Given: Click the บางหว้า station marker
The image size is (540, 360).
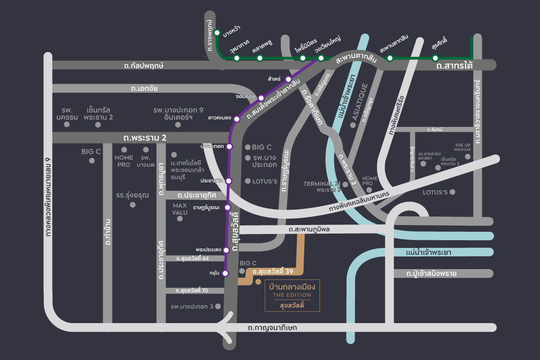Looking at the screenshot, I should tap(217, 32).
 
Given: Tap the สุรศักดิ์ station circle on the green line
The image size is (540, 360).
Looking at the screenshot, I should tap(435, 58).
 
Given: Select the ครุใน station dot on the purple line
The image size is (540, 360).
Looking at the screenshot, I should tap(226, 273).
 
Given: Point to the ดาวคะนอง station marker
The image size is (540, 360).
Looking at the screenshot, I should tap(237, 119).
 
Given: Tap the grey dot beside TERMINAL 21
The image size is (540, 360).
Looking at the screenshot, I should tap(345, 184).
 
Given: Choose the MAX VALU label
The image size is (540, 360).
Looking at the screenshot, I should tap(180, 209).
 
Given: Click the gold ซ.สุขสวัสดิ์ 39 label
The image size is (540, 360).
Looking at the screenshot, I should tap(273, 272).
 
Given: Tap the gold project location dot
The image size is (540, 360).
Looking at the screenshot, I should tap(258, 282).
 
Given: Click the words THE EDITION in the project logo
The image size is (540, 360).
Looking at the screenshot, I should tap(292, 295).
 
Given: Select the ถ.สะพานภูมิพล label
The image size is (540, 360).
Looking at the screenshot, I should tap(310, 229).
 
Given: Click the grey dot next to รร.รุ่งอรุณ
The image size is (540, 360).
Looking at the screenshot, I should tap(133, 205).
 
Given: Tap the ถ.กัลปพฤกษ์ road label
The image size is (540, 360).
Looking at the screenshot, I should tap(144, 66).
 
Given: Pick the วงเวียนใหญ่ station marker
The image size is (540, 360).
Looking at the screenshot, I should tap(321, 58).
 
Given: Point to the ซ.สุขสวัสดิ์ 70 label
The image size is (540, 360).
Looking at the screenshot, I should tap(192, 290).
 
